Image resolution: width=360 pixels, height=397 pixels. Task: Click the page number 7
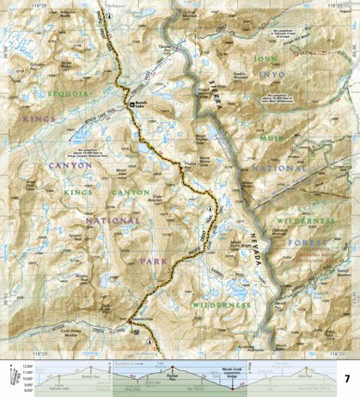coord(346,378)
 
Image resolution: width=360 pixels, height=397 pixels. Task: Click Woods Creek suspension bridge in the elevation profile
coord(234,370)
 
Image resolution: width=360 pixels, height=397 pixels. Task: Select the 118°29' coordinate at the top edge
coord(38,3)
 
